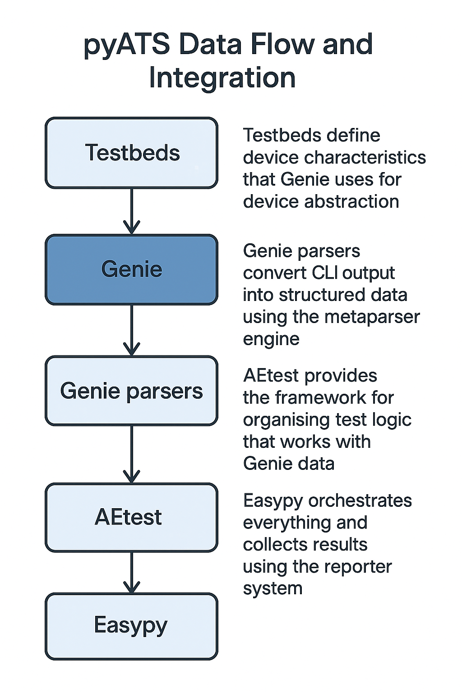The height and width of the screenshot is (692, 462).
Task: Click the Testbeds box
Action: click(131, 153)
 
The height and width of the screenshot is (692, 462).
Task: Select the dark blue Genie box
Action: click(131, 269)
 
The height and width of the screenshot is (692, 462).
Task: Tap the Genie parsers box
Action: click(131, 391)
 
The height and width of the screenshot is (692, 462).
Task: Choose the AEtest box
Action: click(131, 517)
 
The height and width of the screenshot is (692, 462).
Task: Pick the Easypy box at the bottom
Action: click(131, 626)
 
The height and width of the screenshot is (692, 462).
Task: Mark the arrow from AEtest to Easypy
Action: click(131, 572)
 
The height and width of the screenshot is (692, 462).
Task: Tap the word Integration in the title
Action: click(222, 78)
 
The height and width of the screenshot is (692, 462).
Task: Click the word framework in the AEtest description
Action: click(321, 398)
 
